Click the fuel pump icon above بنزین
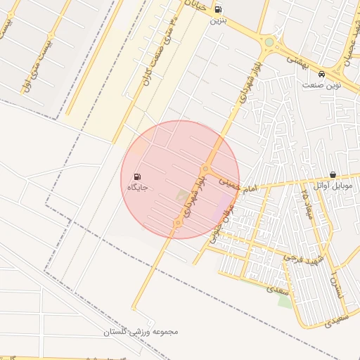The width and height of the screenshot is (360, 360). point(218,9)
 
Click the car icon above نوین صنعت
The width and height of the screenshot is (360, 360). point(321,74)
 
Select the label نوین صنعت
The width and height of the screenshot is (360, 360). point(321,84)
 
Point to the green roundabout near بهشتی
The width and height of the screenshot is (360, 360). point(269,43)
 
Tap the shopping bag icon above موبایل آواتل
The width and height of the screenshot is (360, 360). point(333,174)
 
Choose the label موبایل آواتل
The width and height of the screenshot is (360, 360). point(333,185)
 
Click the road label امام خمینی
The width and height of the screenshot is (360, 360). point(239,185)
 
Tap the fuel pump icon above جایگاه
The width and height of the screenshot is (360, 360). point(136,176)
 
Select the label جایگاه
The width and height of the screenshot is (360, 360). point(136,187)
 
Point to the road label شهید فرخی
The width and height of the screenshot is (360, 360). point(304,259)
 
